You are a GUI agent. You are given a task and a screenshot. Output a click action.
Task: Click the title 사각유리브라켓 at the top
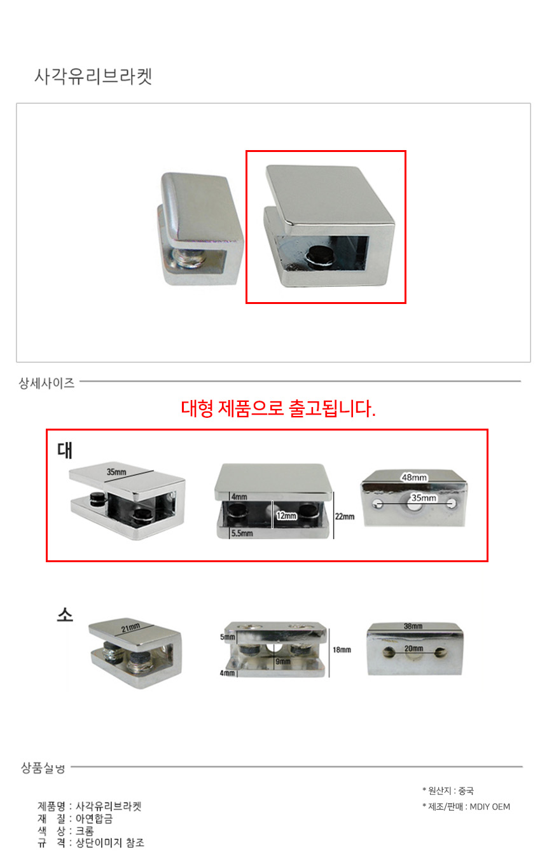pos(93,76)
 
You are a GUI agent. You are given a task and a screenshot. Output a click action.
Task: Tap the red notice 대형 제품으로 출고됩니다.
pos(278,408)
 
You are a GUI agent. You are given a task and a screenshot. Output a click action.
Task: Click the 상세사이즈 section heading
pos(46,383)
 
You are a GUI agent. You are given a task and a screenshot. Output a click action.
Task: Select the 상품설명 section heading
pos(43,768)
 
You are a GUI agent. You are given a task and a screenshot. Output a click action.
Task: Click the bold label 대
pos(65,450)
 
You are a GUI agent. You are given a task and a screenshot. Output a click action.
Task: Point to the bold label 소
pos(65,614)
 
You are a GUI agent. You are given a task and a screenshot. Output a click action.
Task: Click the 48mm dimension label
pos(414,478)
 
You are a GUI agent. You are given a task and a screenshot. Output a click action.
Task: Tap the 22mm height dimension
pos(344,516)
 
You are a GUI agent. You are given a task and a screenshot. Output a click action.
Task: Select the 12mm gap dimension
pos(286,516)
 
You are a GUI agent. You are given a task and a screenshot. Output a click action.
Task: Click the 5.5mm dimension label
pos(242,533)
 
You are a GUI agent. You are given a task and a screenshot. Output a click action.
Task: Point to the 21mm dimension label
pos(130,628)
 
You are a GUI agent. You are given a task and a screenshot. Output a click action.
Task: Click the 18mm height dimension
pos(342,650)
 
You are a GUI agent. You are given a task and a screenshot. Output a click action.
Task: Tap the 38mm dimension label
pos(413,626)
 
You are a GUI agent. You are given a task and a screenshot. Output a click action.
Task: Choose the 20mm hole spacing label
pos(413,649)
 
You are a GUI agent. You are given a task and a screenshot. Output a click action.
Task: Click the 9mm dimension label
pos(283,661)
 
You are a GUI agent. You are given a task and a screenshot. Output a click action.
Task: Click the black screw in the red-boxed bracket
pos(319,257)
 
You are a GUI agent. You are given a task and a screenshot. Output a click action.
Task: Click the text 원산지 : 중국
pos(448,791)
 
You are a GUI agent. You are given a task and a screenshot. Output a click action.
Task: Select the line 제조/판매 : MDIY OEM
pos(466,807)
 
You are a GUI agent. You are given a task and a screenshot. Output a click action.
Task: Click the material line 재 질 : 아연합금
pos(75,818)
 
